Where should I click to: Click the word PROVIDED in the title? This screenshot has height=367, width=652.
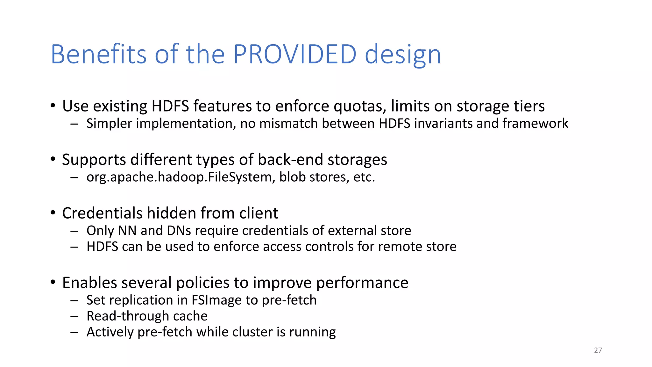click(294, 54)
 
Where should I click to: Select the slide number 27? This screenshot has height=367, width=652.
click(598, 350)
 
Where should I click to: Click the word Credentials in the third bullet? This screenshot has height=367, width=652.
click(102, 213)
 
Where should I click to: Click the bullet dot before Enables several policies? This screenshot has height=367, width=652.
click(53, 282)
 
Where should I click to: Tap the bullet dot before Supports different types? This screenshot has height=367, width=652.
click(53, 159)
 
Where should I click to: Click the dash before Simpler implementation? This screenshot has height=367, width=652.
click(74, 124)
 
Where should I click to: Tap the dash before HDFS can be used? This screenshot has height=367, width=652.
click(74, 247)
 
